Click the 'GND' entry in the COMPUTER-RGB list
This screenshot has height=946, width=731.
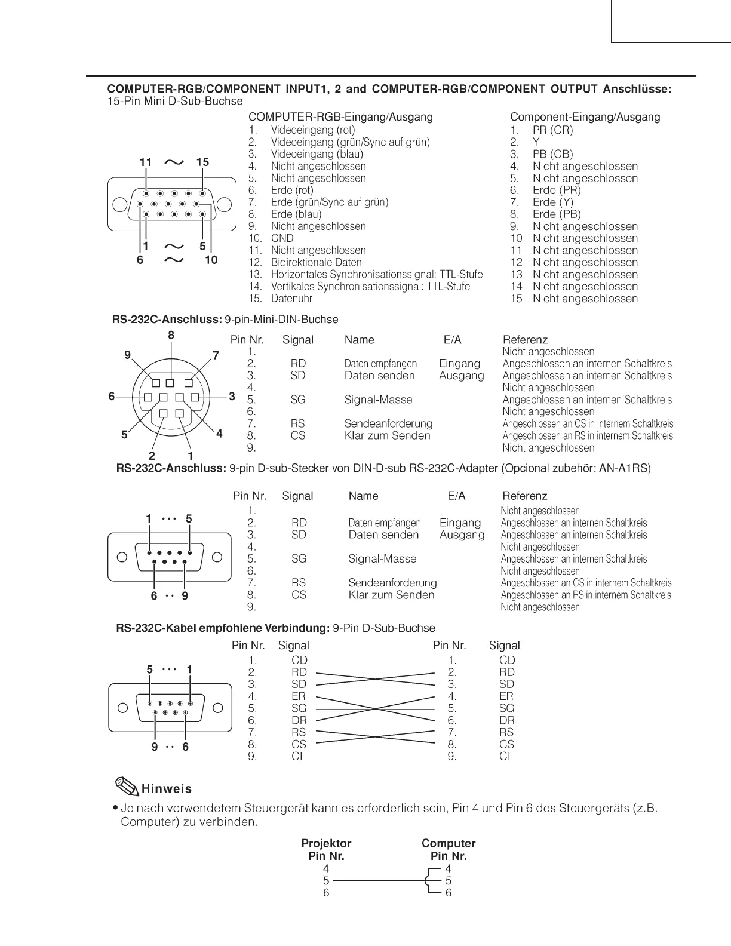pos(282,238)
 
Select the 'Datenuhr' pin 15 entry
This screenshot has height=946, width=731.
pos(291,299)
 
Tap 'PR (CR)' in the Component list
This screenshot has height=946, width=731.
pos(552,130)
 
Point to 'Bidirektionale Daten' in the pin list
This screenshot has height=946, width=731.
pos(316,262)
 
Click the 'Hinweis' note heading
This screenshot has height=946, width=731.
pos(167,789)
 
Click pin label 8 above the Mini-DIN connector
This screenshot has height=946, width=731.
pos(171,336)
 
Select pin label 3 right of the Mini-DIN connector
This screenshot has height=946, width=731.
pos(232,397)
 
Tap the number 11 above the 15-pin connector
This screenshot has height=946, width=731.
pos(146,162)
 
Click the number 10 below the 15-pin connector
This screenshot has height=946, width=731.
pos(211,260)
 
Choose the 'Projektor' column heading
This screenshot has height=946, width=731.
pos(326,844)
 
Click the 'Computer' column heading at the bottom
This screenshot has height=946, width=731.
pos(449,844)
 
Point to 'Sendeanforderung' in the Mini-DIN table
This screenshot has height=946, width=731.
pos(388,424)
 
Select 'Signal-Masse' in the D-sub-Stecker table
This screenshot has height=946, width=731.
pos(382,559)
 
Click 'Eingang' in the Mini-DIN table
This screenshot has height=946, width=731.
pos(459,364)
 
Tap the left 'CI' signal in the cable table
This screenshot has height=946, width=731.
pos(297,757)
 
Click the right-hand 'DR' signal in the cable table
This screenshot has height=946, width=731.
pos(506,721)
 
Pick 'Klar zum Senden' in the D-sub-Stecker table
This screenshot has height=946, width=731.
pos(391,595)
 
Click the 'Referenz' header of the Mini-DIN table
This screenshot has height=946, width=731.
pos(525,340)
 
